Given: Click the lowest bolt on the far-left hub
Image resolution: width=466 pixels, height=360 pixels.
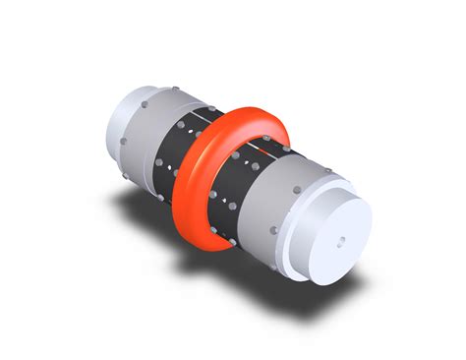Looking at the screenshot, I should coord(124,144).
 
